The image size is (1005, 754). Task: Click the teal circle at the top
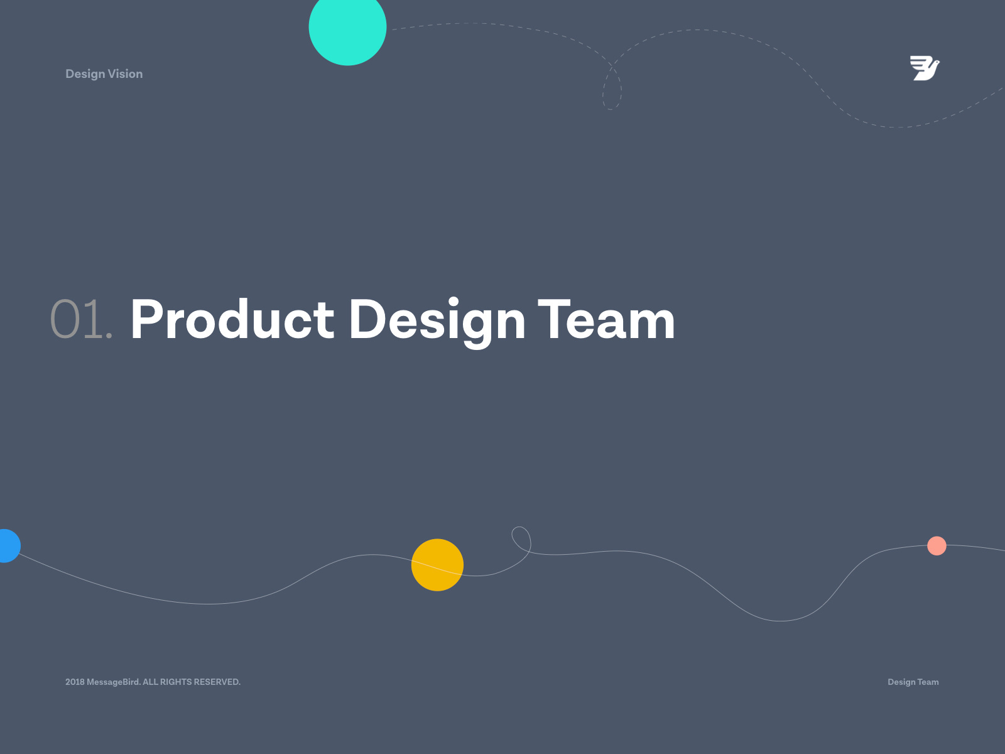(x=347, y=28)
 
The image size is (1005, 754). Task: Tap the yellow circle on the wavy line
(x=437, y=565)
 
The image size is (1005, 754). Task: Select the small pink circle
(x=937, y=545)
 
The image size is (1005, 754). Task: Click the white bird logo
(x=925, y=68)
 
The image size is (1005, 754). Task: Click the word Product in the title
(x=232, y=319)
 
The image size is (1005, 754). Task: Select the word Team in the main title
(x=606, y=319)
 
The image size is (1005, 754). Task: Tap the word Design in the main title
(x=437, y=322)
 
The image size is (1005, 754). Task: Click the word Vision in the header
(x=125, y=74)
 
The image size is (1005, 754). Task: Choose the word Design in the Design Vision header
(x=85, y=74)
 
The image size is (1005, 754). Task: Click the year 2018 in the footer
(x=75, y=682)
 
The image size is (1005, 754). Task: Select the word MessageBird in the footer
(x=114, y=682)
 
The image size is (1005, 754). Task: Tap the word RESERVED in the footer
(x=217, y=682)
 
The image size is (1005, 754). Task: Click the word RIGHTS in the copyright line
(x=176, y=682)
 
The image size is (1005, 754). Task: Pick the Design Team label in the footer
(x=913, y=682)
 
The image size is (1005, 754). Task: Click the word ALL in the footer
(x=150, y=682)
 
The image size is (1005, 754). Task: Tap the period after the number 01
(x=109, y=337)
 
